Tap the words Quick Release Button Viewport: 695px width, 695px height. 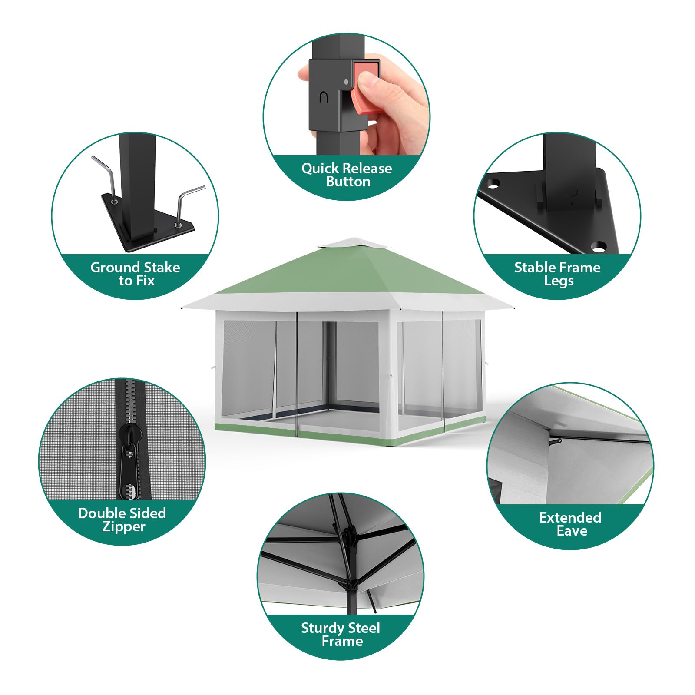[x=347, y=175]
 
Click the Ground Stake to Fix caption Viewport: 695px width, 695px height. [x=136, y=274]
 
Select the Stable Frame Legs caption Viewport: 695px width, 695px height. [x=558, y=274]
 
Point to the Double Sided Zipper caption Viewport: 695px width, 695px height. [x=122, y=520]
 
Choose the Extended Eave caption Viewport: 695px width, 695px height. [x=570, y=524]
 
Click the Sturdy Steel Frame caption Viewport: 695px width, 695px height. [x=341, y=634]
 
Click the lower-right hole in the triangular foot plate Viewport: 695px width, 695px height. [x=598, y=246]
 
